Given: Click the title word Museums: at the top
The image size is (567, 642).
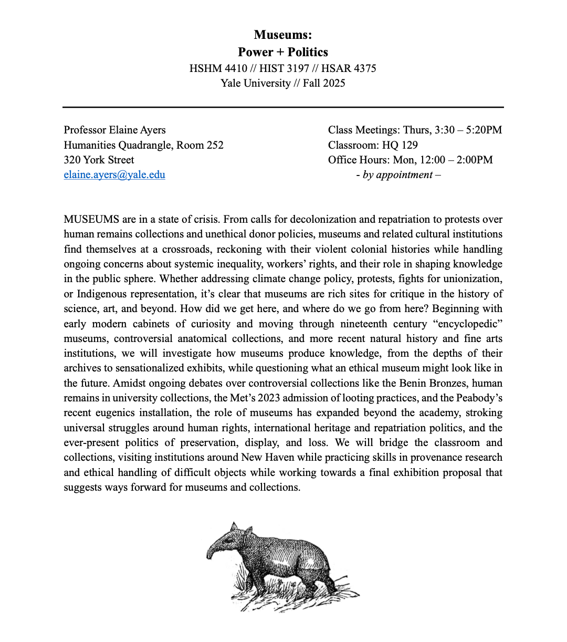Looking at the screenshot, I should click(282, 35).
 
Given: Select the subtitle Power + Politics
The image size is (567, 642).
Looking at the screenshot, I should click(282, 52).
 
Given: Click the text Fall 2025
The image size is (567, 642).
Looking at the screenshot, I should click(324, 83).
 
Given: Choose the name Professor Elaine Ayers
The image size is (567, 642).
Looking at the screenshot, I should click(114, 130).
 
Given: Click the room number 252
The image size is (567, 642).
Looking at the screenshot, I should click(215, 145).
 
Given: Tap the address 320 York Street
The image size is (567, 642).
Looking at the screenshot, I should click(99, 160).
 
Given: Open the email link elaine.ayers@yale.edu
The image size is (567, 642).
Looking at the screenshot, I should click(114, 175).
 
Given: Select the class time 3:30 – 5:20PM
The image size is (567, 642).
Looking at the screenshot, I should click(468, 130).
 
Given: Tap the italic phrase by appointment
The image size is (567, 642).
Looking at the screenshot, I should click(398, 175).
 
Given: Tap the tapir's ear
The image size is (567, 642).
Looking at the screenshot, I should click(234, 527).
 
